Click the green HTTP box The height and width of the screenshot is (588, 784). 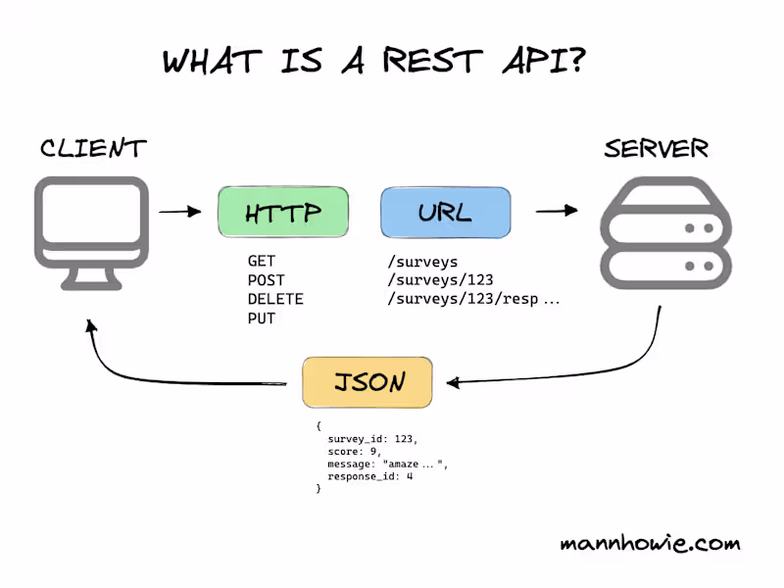(282, 213)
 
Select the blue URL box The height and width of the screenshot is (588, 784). (445, 213)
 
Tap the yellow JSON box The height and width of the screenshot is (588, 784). (367, 382)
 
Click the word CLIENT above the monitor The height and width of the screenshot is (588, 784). (93, 149)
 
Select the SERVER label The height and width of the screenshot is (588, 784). (657, 149)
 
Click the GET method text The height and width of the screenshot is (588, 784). (262, 262)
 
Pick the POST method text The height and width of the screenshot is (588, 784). (267, 280)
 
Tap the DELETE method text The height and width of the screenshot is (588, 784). (275, 299)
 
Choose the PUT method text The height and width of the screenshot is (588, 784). (262, 318)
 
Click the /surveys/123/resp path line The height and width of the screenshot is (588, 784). (472, 299)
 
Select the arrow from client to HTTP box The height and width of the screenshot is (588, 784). (180, 211)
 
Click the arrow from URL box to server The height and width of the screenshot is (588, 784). (556, 211)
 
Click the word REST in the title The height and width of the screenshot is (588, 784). (435, 62)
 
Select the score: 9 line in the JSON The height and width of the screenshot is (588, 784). (354, 452)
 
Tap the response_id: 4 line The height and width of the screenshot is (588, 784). (370, 476)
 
